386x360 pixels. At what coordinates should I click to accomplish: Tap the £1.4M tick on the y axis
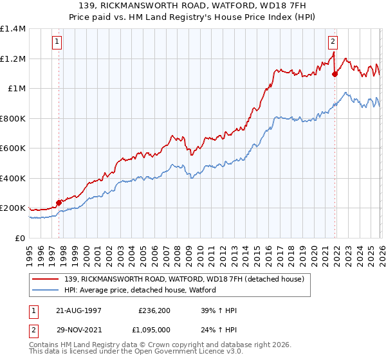click(x=13, y=29)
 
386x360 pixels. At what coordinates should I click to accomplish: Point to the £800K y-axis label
click(x=13, y=118)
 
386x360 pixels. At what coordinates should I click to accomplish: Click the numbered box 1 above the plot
click(x=57, y=42)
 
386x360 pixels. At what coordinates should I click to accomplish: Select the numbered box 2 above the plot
click(x=333, y=42)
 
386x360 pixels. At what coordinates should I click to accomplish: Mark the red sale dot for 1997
click(x=59, y=203)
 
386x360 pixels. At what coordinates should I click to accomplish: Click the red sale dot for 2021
click(x=335, y=74)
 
